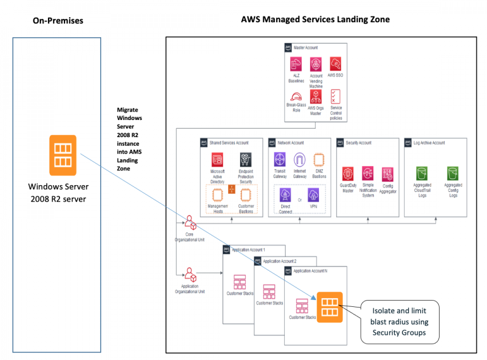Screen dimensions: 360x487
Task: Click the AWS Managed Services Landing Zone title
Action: coord(315,19)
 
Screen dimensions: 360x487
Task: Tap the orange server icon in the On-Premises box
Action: coord(62,155)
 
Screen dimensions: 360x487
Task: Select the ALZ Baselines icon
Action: coord(296,64)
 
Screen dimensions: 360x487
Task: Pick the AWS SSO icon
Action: coord(336,63)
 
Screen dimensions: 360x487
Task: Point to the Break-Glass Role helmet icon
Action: coord(296,96)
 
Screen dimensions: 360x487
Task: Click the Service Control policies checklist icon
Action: coord(336,96)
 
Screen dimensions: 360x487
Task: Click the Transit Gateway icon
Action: coord(280,159)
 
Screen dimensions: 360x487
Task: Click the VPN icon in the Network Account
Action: coord(313,195)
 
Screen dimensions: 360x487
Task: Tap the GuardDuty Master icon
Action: coord(348,174)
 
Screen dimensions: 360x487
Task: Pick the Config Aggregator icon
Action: coord(388,174)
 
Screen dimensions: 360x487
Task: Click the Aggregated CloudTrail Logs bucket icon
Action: coord(422,173)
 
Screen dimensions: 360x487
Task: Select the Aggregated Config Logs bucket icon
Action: coord(453,173)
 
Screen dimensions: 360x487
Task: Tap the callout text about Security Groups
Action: coord(400,322)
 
